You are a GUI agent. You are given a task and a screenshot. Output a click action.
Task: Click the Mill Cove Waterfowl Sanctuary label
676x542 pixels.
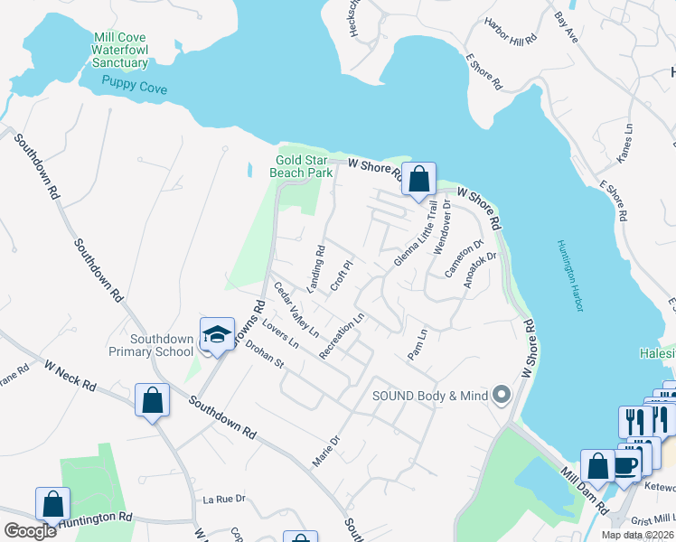(119, 51)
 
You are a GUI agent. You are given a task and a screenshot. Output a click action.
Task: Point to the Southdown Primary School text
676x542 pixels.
(163, 345)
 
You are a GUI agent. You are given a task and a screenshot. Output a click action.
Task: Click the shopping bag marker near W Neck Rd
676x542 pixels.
(152, 399)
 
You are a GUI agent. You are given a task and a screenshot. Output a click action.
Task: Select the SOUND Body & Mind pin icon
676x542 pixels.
(503, 396)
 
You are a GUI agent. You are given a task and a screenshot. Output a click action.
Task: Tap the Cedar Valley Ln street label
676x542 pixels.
(295, 311)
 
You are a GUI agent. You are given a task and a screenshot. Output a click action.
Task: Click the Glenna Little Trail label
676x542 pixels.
(414, 233)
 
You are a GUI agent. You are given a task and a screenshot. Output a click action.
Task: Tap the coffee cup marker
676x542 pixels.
(625, 465)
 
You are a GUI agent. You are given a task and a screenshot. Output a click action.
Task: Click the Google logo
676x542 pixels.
(31, 530)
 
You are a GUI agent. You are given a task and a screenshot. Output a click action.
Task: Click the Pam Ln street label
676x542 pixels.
(417, 344)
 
